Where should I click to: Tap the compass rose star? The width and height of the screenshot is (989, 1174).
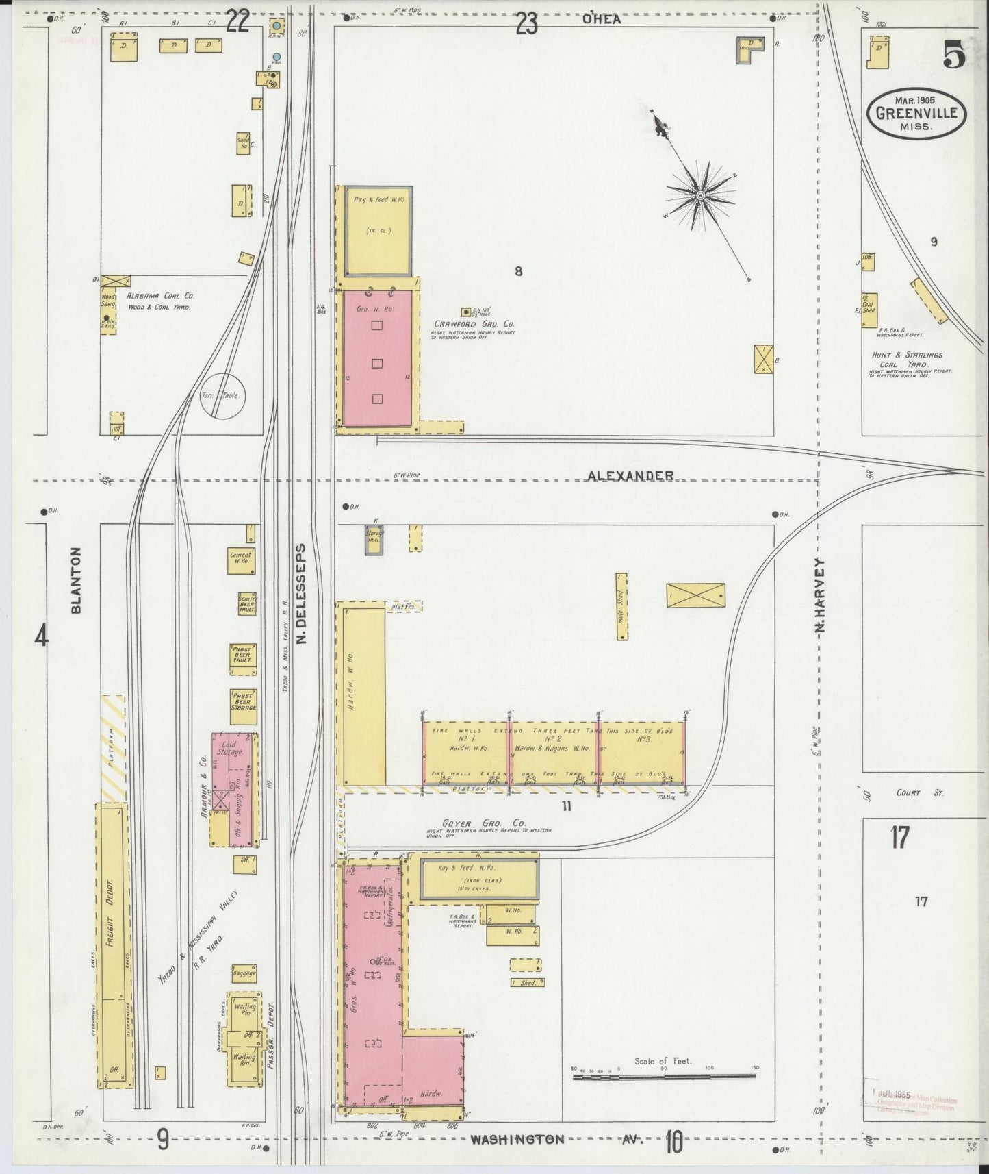pos(700,196)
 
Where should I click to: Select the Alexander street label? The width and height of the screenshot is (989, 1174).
pos(630,475)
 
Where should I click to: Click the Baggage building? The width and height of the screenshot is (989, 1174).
pos(244,973)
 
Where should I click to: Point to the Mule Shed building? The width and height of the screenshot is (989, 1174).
pos(621,606)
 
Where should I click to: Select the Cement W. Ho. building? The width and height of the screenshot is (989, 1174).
pos(241,560)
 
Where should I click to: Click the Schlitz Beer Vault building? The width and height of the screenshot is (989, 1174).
pos(246,603)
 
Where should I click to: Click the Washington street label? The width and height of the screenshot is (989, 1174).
pos(518,1140)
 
